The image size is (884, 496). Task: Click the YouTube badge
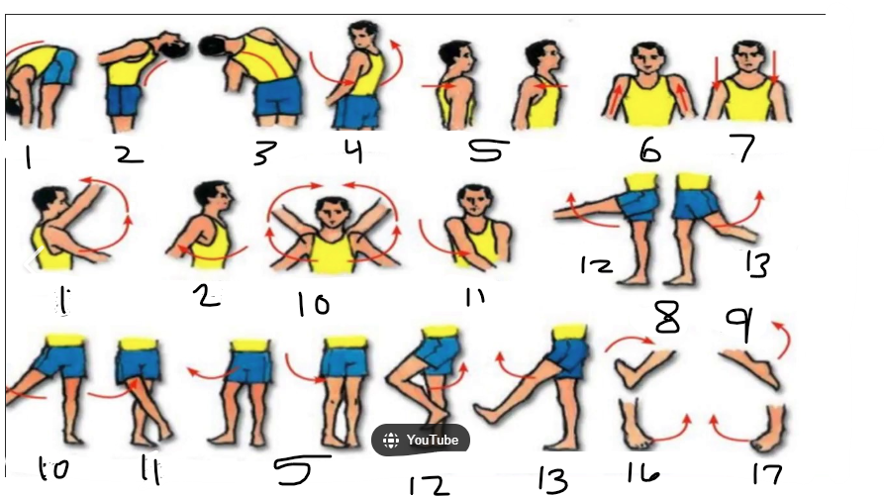[x=421, y=440]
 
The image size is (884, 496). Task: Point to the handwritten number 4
[x=353, y=151]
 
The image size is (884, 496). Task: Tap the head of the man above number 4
[x=365, y=35]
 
